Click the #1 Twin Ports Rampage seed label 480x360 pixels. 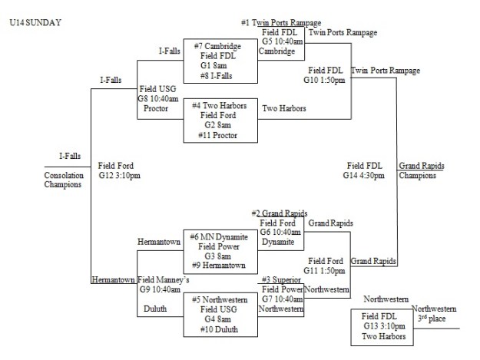281,23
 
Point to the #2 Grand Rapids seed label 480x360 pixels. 280,213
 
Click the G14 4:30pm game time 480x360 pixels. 364,175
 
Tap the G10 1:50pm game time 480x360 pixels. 326,79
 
